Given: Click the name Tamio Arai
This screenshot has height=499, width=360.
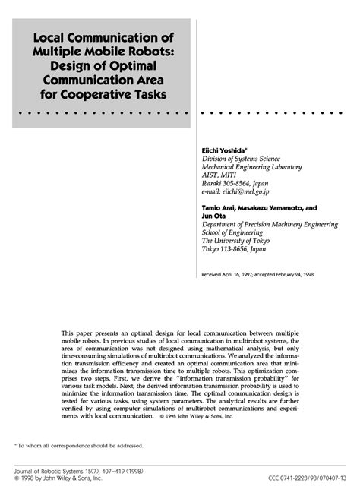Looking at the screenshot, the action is (x=221, y=207).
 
